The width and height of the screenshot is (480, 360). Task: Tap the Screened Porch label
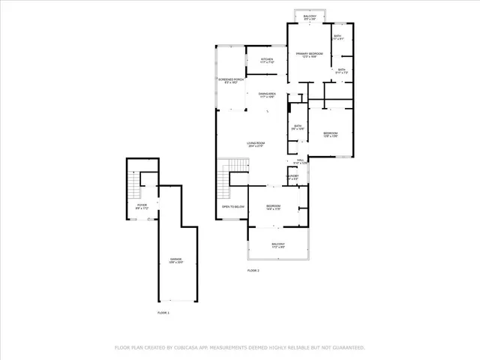point(231,80)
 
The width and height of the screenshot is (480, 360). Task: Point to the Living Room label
point(257,145)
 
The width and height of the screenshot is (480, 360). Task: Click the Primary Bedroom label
point(309,55)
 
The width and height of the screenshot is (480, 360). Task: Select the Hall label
point(299,161)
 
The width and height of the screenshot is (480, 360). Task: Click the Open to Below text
point(233,206)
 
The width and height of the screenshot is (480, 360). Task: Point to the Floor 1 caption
point(163,312)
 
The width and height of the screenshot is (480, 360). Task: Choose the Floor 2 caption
point(253,270)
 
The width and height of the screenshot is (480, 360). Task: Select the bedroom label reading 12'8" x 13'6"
point(331,135)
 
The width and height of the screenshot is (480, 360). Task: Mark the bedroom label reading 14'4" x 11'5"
point(273,208)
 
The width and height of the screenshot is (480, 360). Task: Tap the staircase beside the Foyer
point(134,184)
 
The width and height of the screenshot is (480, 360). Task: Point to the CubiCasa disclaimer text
point(239,347)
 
